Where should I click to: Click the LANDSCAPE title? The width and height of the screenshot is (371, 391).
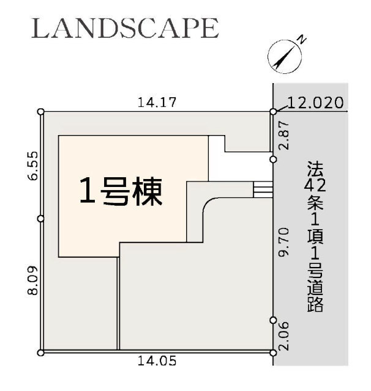coord(125,28)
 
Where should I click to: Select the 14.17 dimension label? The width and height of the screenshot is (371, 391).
coord(157,103)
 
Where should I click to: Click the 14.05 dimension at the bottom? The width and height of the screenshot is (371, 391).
coord(157,361)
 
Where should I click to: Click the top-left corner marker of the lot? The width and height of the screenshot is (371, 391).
coord(41,111)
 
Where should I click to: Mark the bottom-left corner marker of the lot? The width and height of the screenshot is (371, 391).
coord(41,353)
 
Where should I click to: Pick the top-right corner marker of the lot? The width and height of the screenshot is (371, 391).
coord(273,111)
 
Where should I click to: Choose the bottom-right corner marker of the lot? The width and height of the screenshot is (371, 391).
coord(273,353)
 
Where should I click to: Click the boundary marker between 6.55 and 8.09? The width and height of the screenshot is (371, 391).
coord(41,218)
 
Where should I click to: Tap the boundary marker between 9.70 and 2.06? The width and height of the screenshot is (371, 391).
coord(273,320)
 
